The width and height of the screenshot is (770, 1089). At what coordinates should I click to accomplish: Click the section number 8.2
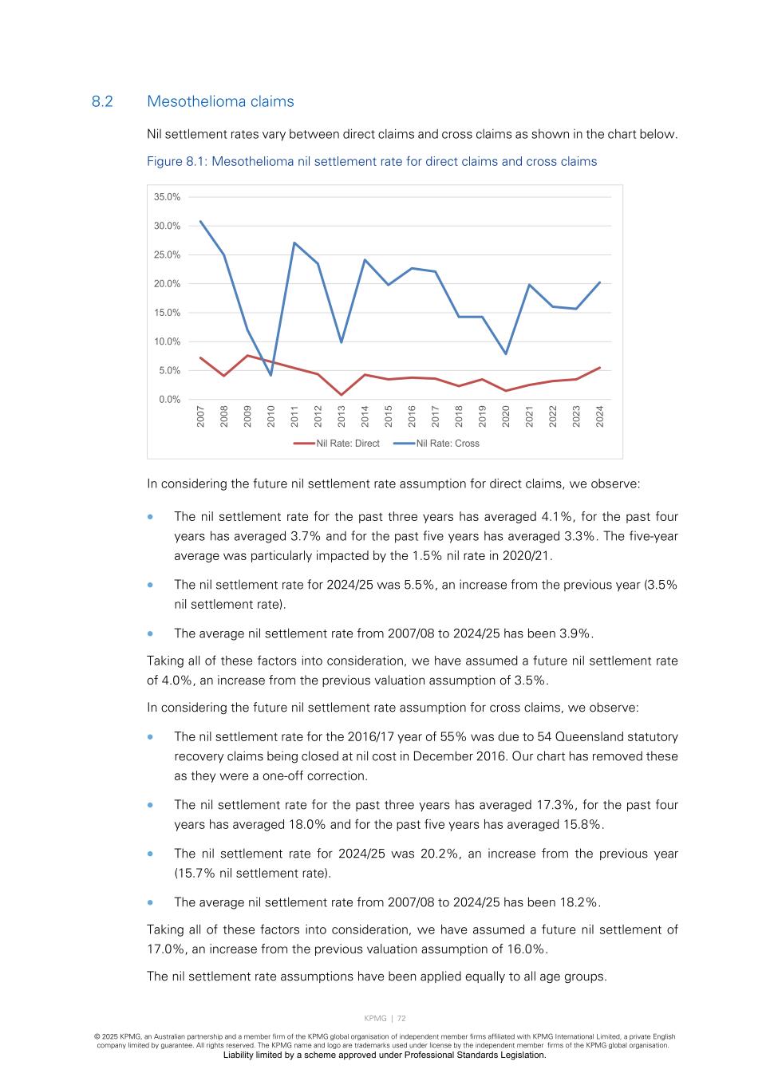(x=102, y=101)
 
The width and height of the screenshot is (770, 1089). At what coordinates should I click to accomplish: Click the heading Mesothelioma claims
(x=220, y=101)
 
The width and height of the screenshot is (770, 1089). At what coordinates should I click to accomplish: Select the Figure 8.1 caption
(x=371, y=161)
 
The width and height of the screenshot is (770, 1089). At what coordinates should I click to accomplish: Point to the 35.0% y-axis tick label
(x=168, y=197)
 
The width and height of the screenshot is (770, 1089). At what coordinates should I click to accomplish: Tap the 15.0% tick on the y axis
(x=168, y=313)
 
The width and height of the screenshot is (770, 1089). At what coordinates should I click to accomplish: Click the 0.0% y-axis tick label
(x=169, y=400)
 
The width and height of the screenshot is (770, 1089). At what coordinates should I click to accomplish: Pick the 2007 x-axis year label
(x=201, y=416)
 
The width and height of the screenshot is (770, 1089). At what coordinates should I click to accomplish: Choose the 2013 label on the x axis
(x=342, y=416)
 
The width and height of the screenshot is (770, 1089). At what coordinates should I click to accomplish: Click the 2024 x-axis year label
(x=600, y=416)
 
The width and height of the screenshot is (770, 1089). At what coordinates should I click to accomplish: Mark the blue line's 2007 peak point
(x=200, y=221)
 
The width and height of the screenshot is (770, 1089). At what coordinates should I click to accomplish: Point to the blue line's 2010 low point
(x=271, y=375)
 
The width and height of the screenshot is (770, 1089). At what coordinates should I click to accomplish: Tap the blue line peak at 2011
(x=294, y=243)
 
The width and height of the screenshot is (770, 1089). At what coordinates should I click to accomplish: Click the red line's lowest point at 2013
(x=342, y=395)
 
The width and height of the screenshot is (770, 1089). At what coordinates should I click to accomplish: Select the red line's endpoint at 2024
(x=600, y=368)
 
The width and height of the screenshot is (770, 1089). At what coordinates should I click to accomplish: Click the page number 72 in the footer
(x=402, y=1018)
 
